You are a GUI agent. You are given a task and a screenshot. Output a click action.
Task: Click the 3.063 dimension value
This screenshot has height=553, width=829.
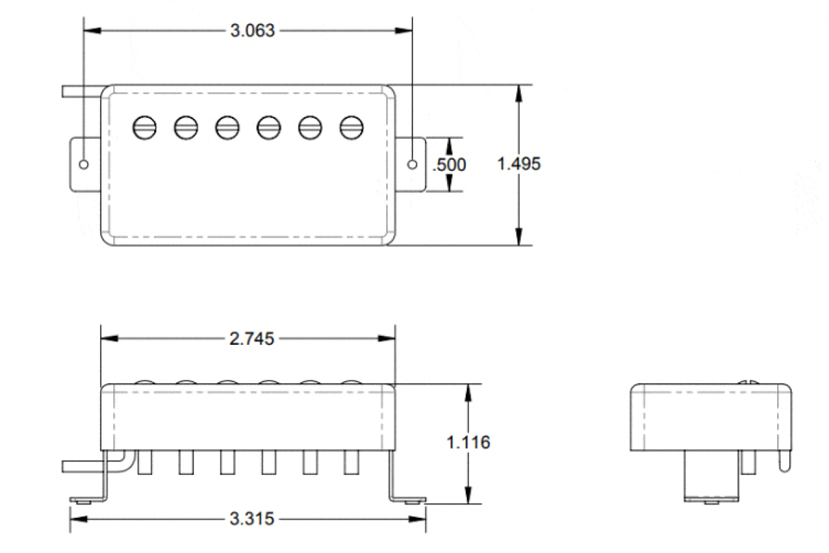(x=251, y=31)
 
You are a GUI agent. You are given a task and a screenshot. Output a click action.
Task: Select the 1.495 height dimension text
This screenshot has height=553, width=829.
(x=519, y=164)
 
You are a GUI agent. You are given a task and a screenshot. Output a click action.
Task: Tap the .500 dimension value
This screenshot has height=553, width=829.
(x=449, y=165)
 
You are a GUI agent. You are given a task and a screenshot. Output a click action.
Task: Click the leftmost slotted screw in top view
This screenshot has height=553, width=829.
(x=145, y=127)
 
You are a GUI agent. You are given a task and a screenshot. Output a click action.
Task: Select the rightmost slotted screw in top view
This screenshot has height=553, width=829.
(x=352, y=127)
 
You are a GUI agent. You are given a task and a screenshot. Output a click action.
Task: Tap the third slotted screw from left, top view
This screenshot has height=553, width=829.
(x=227, y=127)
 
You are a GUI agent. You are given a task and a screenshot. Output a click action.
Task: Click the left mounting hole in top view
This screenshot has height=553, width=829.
(x=84, y=165)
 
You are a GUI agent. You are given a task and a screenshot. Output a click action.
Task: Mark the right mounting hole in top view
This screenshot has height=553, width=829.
(x=413, y=165)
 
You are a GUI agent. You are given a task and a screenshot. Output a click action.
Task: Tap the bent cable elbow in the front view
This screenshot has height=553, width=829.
(x=122, y=459)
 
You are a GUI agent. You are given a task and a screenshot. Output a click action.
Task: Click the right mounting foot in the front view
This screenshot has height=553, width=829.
(x=408, y=497)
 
